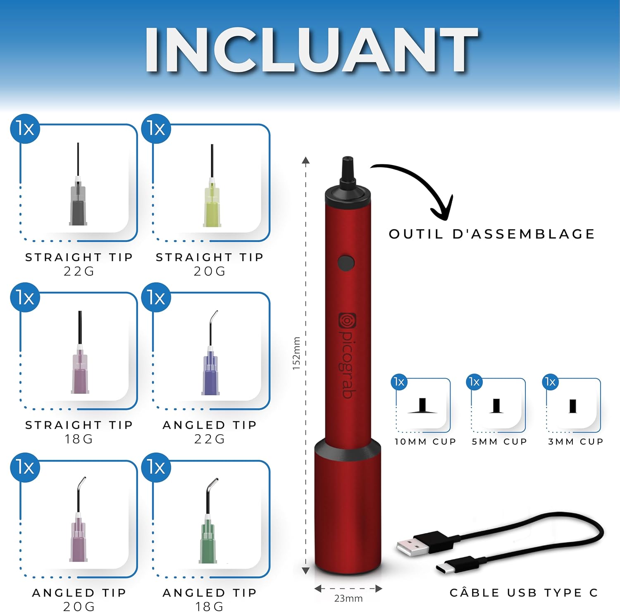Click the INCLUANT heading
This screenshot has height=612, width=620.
pos(311,50)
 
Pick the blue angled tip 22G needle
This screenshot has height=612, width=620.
pos(211,353)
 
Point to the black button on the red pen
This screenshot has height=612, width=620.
pos(346,263)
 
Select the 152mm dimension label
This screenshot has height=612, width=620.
pos(296,353)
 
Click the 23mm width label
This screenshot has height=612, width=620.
pos(348,598)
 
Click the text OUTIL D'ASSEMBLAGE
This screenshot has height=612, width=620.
pos(491,234)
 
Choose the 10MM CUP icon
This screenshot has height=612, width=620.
pos(422,406)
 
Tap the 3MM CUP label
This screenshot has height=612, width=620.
pos(576,441)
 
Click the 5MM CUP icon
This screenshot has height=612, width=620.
pos(496,406)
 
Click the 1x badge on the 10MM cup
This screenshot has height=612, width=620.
pos(399,381)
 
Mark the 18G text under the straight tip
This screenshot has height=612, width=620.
pos(79,439)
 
